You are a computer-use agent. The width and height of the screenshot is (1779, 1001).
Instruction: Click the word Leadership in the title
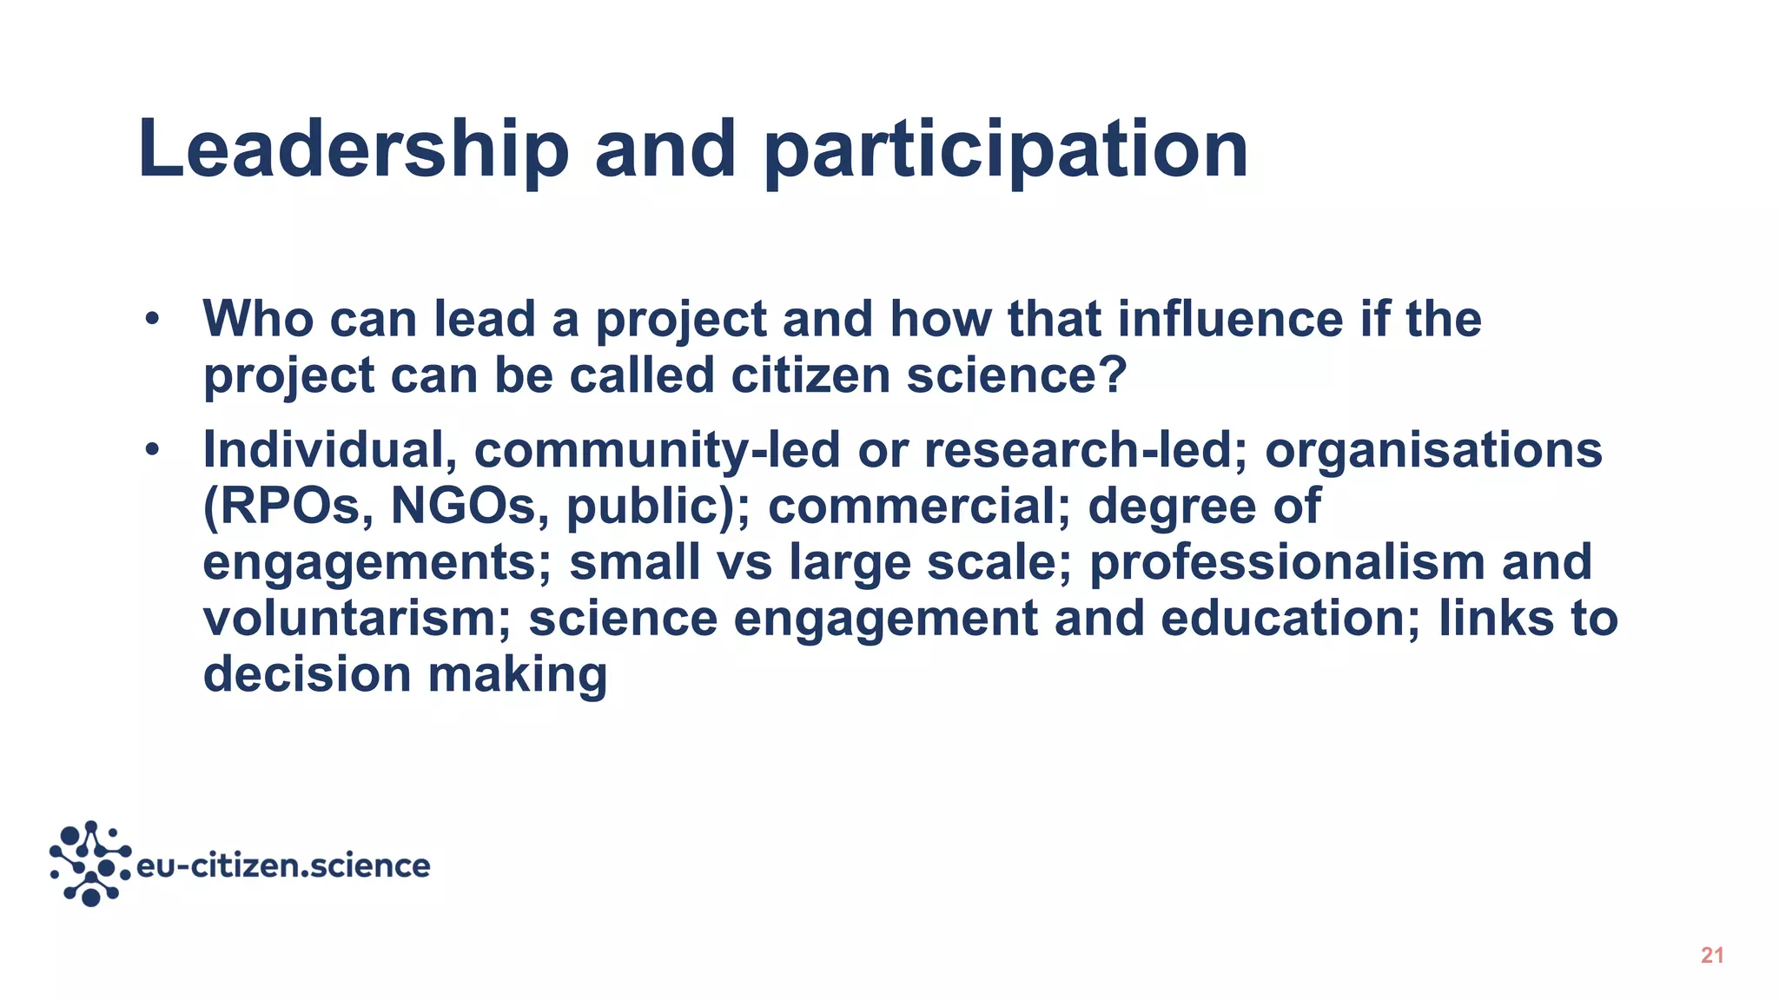point(353,149)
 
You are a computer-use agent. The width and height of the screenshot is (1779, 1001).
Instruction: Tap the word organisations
point(1433,449)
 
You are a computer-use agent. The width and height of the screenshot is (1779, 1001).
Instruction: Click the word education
point(1290,618)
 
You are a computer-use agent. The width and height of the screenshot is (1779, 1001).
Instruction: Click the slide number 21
point(1712,956)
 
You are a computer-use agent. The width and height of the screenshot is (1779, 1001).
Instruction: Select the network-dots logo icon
point(90,864)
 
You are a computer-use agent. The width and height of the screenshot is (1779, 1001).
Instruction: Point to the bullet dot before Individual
point(153,449)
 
